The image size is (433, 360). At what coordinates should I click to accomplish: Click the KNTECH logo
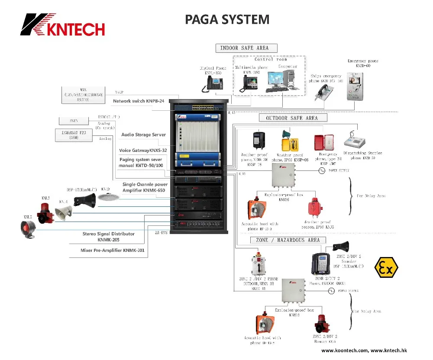tap(62, 25)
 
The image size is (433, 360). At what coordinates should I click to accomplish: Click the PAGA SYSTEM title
tap(227, 19)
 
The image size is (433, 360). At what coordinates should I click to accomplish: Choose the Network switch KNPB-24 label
tap(139, 101)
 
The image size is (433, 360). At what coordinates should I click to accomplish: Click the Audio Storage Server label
tap(143, 135)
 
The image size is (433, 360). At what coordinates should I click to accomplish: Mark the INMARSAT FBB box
tap(74, 135)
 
